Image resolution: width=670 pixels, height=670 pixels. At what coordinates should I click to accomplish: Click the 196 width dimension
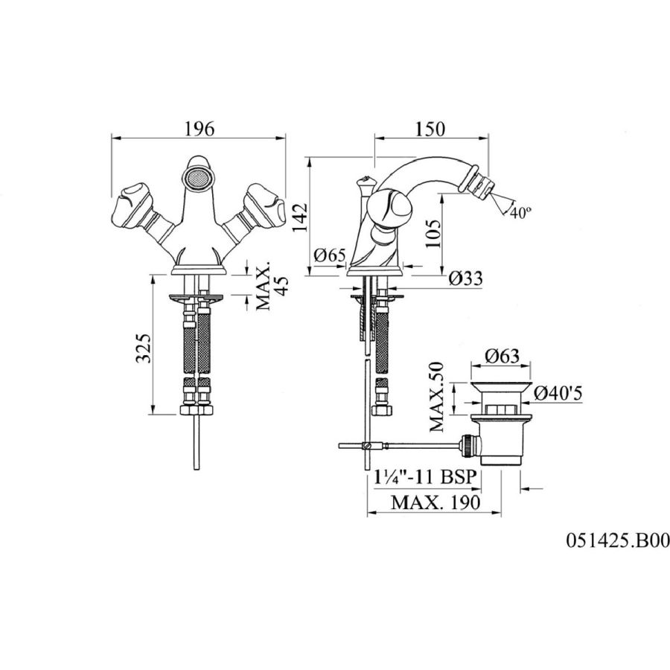(x=199, y=129)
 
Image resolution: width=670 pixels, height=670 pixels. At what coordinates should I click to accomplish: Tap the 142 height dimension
(x=301, y=217)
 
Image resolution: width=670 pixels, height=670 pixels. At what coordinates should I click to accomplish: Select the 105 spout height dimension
(x=433, y=233)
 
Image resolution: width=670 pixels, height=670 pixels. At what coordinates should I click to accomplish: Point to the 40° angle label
(x=520, y=212)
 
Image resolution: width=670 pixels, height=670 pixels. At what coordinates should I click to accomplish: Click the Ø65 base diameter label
(x=330, y=255)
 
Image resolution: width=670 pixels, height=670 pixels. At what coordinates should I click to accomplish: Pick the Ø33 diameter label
(x=466, y=278)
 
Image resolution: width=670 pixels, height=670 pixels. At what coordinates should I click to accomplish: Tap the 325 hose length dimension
(x=144, y=348)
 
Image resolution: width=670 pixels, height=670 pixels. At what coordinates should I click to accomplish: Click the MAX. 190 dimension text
(x=435, y=502)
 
